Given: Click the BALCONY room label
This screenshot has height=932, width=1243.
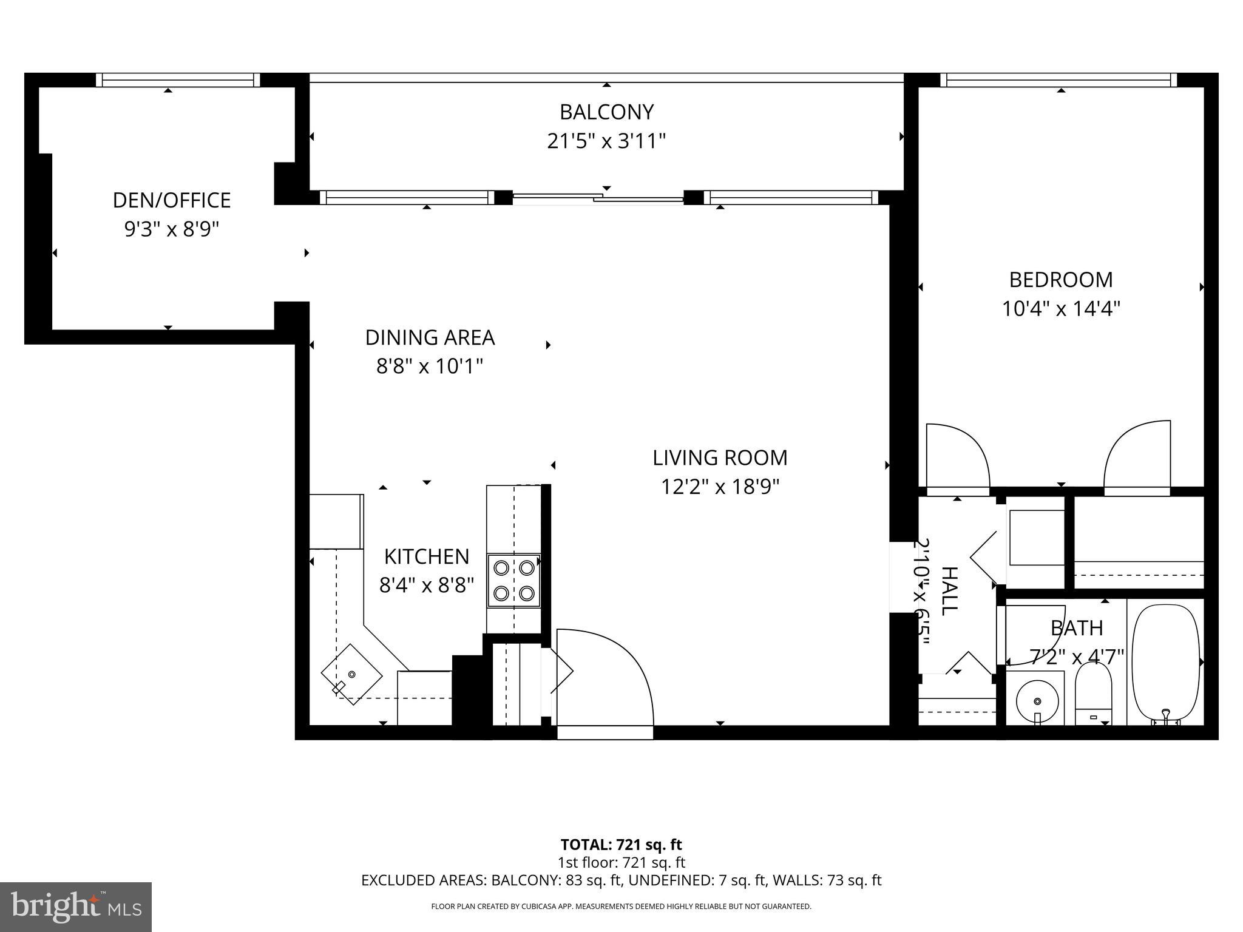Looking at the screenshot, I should point(606,112).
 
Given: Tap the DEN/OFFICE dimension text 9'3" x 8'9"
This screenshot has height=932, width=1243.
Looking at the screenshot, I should point(171,229).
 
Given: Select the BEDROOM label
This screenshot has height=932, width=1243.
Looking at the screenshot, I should point(1060,280).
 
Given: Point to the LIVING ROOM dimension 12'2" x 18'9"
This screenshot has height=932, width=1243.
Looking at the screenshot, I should point(720,487).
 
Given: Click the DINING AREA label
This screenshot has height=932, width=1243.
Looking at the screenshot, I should point(430,337).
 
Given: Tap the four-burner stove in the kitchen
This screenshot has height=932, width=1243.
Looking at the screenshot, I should point(513,580).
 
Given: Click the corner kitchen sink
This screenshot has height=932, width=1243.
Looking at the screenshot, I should point(351,674).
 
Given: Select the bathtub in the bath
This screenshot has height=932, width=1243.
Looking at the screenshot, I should point(1166,661).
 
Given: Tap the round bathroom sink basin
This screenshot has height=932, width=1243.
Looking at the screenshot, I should point(1037,701).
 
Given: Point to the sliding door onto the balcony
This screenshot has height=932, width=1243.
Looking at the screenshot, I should point(598,197).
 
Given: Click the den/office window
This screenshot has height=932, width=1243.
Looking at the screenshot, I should point(178,80).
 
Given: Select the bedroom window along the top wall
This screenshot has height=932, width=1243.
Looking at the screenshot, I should point(1058,80).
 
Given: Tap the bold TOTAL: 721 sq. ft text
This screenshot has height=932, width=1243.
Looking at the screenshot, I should point(621,845).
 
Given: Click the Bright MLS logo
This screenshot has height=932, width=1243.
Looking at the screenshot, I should point(76,907).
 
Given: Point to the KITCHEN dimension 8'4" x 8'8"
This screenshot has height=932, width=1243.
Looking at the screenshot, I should point(426,586).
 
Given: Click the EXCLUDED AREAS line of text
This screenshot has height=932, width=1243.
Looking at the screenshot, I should point(621,880).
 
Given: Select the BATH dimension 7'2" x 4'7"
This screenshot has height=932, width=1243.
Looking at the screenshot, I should point(1077,657).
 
